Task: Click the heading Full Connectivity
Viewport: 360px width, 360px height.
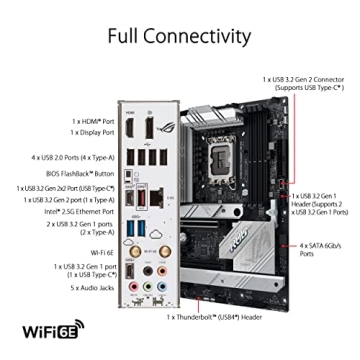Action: [180, 38]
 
